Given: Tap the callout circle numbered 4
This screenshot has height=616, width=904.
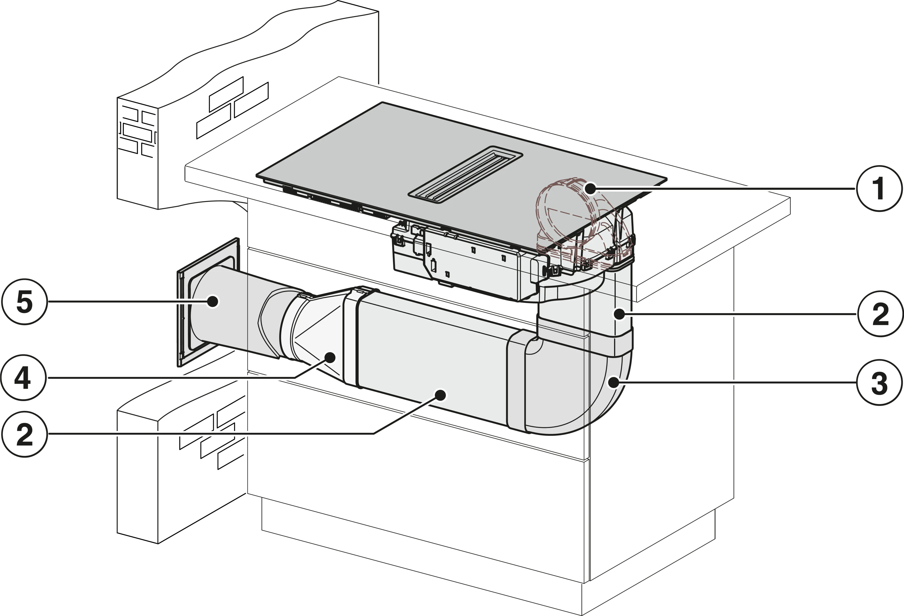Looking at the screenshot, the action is (23, 377).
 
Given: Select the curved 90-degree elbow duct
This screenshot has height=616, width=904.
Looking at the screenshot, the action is (576, 383).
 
